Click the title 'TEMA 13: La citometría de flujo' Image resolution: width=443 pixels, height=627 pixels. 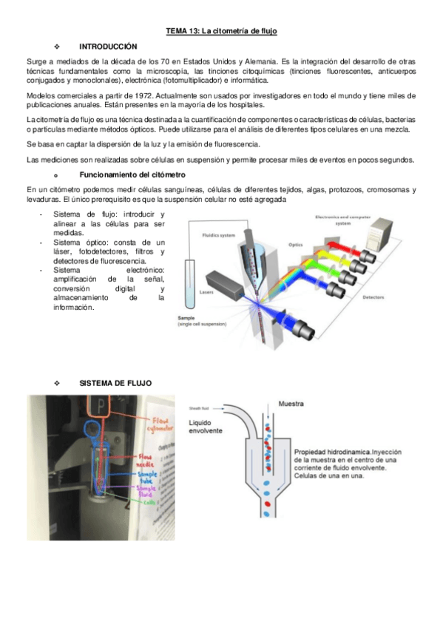coord(220,30)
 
